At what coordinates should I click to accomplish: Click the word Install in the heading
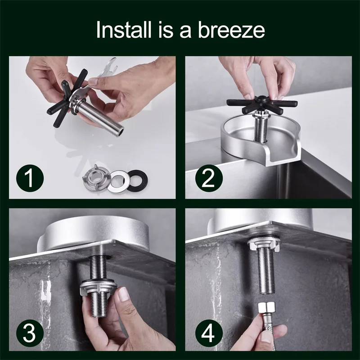pyautogui.click(x=124, y=30)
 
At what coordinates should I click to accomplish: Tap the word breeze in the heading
pyautogui.click(x=231, y=30)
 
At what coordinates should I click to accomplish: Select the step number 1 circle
pyautogui.click(x=30, y=178)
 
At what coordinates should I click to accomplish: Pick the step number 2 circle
pyautogui.click(x=209, y=178)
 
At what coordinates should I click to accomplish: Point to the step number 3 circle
pyautogui.click(x=30, y=333)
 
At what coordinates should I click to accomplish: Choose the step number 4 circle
pyautogui.click(x=209, y=333)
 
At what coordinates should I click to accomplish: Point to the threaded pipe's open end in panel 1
pyautogui.click(x=120, y=132)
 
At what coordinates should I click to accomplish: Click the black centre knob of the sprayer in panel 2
pyautogui.click(x=261, y=99)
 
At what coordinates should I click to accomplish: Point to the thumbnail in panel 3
pyautogui.click(x=123, y=294)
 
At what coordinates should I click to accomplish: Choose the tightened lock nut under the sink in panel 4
pyautogui.click(x=264, y=243)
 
